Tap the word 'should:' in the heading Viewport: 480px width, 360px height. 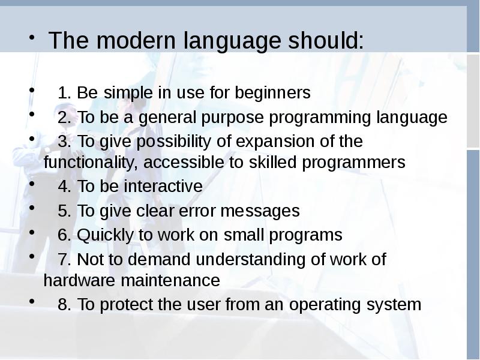326,40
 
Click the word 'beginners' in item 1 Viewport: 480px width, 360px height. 272,93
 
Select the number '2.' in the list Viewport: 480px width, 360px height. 64,117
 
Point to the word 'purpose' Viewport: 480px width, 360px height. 232,118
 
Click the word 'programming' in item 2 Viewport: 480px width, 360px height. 320,118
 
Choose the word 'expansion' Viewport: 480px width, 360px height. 275,142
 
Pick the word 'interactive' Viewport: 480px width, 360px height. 163,186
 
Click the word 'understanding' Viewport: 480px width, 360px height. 250,260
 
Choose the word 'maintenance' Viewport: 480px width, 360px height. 170,280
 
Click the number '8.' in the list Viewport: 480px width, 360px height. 64,304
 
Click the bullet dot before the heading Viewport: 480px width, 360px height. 32,37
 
